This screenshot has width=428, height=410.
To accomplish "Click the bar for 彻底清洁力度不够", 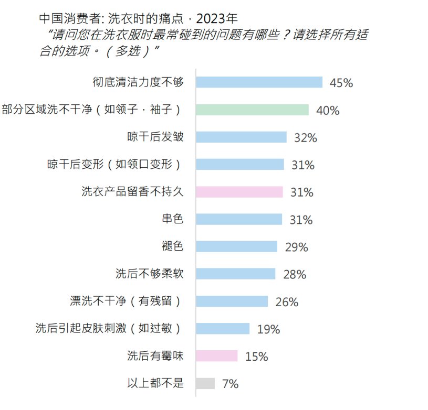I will pyautogui.click(x=259, y=82).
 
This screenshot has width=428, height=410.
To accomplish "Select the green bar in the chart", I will pyautogui.click(x=252, y=110).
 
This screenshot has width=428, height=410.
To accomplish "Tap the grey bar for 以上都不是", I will pyautogui.click(x=205, y=383).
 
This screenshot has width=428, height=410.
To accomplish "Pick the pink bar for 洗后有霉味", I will pyautogui.click(x=217, y=356).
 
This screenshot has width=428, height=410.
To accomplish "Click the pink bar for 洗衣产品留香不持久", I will pyautogui.click(x=239, y=192).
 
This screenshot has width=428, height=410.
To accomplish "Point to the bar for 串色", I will pyautogui.click(x=239, y=219).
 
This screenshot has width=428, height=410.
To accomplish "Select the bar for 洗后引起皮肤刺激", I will pyautogui.click(x=223, y=329).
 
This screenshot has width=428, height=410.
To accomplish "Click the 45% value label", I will pyautogui.click(x=341, y=83).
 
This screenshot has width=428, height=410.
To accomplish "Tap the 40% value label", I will pyautogui.click(x=328, y=111).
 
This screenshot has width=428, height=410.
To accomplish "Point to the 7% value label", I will pyautogui.click(x=230, y=384).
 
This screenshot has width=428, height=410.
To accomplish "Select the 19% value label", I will pyautogui.click(x=268, y=329).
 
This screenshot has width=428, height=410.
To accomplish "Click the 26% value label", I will pyautogui.click(x=287, y=302).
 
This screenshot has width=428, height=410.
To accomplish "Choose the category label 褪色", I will pyautogui.click(x=173, y=246).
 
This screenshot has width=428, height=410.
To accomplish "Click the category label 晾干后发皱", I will pyautogui.click(x=155, y=137).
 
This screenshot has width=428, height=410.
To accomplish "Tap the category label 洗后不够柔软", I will pyautogui.click(x=150, y=274).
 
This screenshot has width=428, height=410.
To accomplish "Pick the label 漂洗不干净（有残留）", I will pyautogui.click(x=127, y=301).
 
